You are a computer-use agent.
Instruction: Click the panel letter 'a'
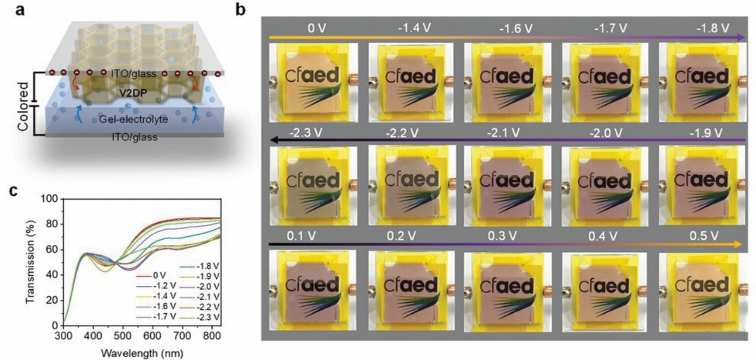tap(20, 11)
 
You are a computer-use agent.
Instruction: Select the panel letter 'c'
tap(14, 191)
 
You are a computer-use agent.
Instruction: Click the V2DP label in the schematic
tap(133, 93)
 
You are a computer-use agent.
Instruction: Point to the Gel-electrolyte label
tap(133, 119)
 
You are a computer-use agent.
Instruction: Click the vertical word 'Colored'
tap(23, 106)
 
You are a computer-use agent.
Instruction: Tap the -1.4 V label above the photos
tap(414, 28)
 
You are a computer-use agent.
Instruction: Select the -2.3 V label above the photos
tap(305, 132)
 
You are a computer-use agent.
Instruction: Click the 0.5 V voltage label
tap(703, 236)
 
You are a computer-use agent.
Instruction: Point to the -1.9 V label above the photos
tap(706, 133)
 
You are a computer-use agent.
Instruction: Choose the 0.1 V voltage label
tap(301, 236)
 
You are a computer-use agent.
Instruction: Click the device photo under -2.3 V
tap(313, 185)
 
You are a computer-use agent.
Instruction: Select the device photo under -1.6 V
tap(508, 83)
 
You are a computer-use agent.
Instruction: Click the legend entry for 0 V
tap(151, 275)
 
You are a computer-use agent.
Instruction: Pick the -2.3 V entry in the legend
tap(200, 317)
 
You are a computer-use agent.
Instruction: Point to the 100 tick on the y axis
tap(50, 199)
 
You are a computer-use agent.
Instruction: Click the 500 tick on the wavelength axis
tap(123, 336)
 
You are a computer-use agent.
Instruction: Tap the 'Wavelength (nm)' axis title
tap(142, 353)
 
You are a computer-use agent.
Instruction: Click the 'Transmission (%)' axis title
tap(31, 262)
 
